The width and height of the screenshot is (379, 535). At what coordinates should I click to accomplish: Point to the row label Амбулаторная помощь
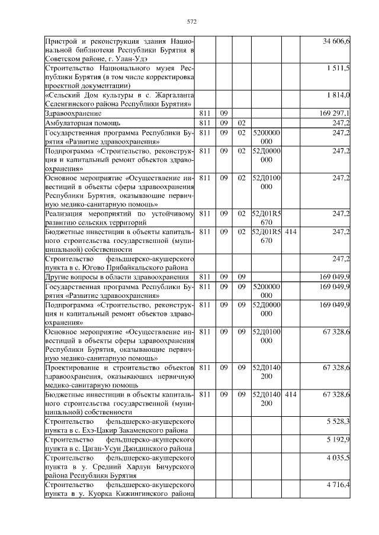click(x=83, y=123)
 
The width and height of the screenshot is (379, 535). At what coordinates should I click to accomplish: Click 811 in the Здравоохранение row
click(x=205, y=113)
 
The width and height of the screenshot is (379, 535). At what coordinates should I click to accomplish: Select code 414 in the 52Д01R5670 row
click(x=290, y=232)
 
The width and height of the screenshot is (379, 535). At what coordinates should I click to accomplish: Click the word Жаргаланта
click(x=170, y=95)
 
